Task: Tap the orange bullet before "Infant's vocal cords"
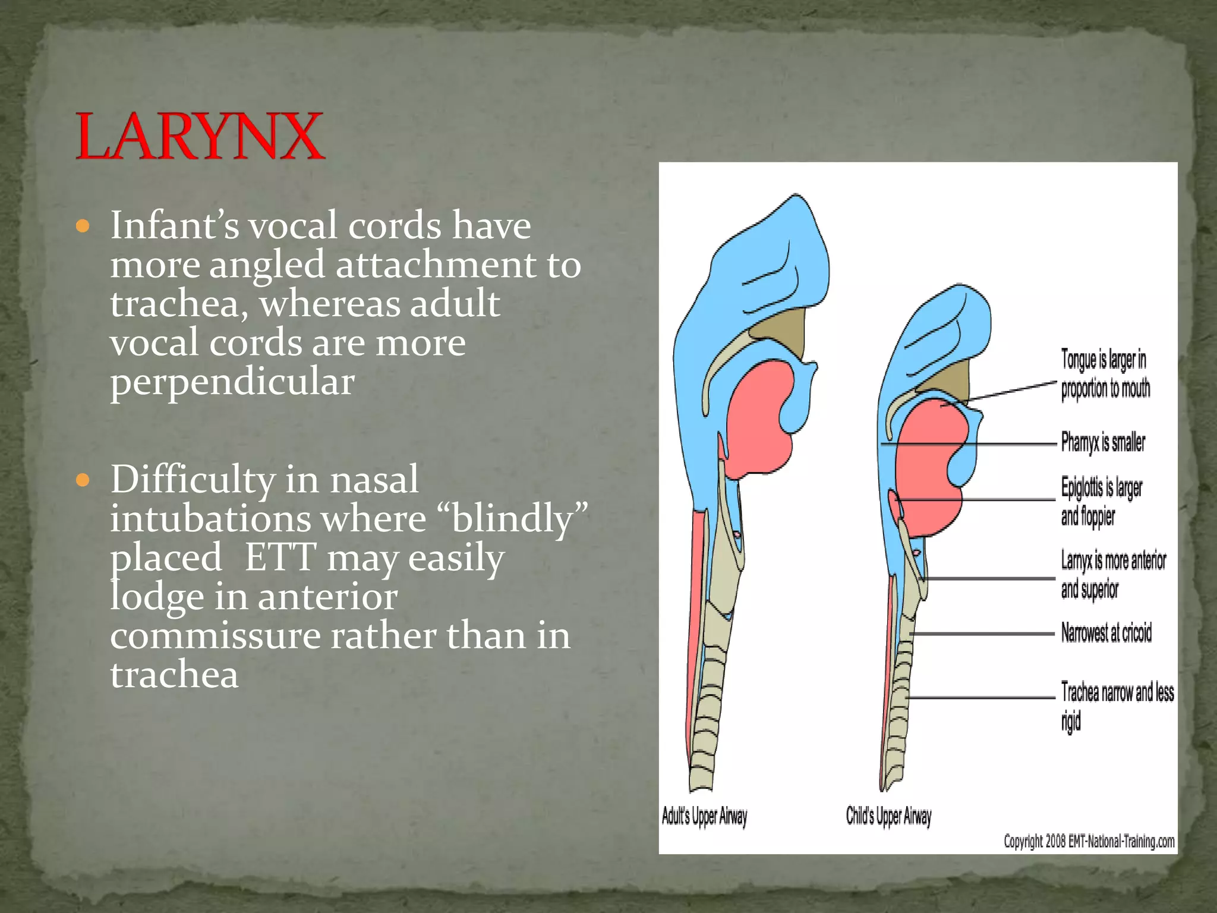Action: click(83, 226)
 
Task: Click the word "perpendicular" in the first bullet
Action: click(232, 382)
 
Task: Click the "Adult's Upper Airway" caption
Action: click(704, 816)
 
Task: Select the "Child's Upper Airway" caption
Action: click(888, 816)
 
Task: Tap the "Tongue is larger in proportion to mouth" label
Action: click(1105, 374)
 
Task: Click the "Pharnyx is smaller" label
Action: click(1103, 442)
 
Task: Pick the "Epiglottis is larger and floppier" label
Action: click(1101, 502)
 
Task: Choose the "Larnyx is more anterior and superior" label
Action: click(1113, 575)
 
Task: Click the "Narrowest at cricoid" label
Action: click(1106, 633)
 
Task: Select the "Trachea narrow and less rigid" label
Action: click(1117, 706)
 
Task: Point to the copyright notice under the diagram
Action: click(1089, 841)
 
